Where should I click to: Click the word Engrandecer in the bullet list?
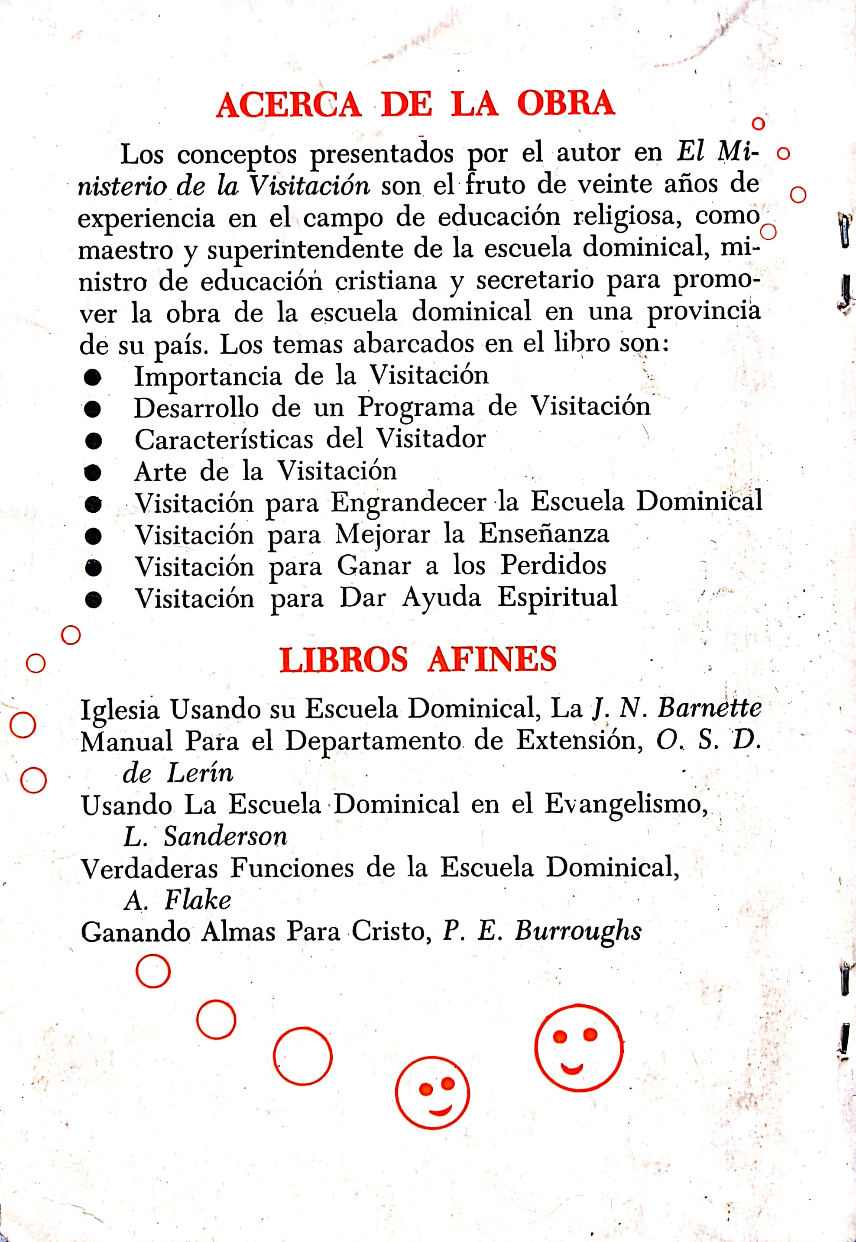408,503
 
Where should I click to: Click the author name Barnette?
709,708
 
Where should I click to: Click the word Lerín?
200,773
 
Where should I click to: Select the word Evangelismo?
626,805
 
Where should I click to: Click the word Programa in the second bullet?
416,408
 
